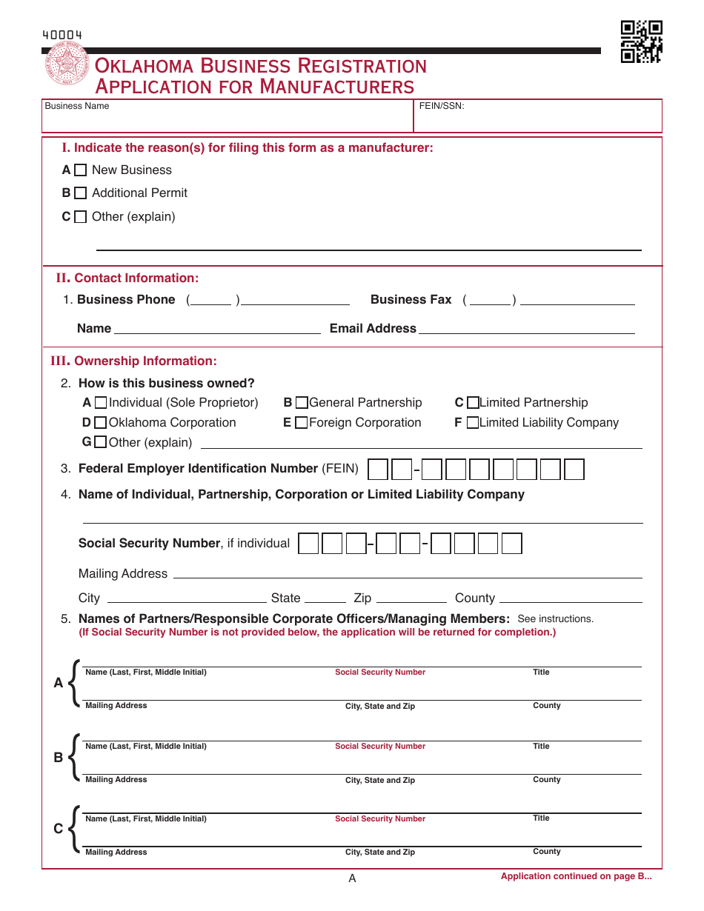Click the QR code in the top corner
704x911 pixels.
point(641,41)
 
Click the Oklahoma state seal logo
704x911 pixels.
point(67,67)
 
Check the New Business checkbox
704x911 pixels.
point(81,170)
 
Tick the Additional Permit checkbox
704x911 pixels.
point(81,193)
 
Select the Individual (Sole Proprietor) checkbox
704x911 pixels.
point(101,403)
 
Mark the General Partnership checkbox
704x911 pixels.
point(302,403)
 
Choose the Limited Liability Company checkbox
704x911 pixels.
point(473,423)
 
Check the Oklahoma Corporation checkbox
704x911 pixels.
point(101,423)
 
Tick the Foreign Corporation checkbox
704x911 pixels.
point(302,423)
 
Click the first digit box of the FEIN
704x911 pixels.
point(378,470)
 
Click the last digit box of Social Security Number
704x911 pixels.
point(512,544)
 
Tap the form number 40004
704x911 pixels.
point(62,35)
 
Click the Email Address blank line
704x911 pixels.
point(527,330)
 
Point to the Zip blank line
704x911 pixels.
point(411,598)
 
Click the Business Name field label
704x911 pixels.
point(77,106)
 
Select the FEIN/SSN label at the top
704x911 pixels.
point(442,106)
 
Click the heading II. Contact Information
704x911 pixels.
point(128,278)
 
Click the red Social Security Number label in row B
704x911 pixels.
point(380,747)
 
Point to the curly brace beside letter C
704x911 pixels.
point(73,829)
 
